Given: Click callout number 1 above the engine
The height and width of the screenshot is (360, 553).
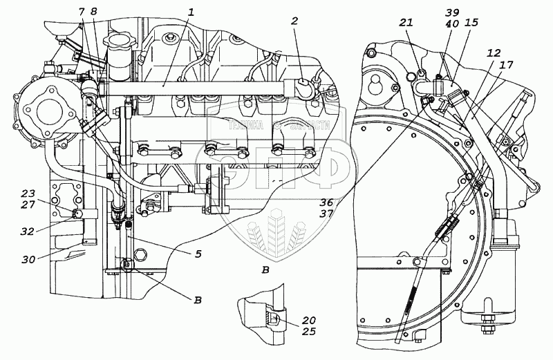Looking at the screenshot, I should (x=191, y=12).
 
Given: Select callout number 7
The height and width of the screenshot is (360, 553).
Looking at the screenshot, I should (x=82, y=12).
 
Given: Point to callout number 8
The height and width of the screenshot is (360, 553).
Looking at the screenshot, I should (x=94, y=12).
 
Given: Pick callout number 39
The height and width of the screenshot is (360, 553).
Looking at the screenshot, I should (x=451, y=13).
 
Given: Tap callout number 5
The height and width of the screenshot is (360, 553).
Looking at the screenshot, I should (x=198, y=254).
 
